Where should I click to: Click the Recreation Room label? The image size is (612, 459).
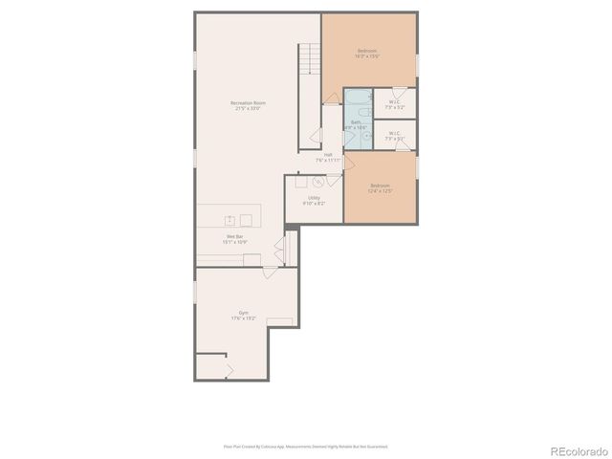(248, 105)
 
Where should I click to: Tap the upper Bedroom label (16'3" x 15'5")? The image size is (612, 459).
(368, 54)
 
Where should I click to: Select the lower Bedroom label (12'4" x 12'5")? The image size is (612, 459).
(380, 189)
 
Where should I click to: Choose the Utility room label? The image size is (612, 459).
(314, 200)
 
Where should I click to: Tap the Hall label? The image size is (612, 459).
(328, 157)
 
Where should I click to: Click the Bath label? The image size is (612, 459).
(356, 125)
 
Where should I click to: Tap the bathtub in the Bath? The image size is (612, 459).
(357, 99)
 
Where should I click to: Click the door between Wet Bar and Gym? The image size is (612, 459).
(280, 251)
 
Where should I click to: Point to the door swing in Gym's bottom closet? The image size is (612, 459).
(228, 368)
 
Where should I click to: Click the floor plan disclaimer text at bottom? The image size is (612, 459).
(305, 446)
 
